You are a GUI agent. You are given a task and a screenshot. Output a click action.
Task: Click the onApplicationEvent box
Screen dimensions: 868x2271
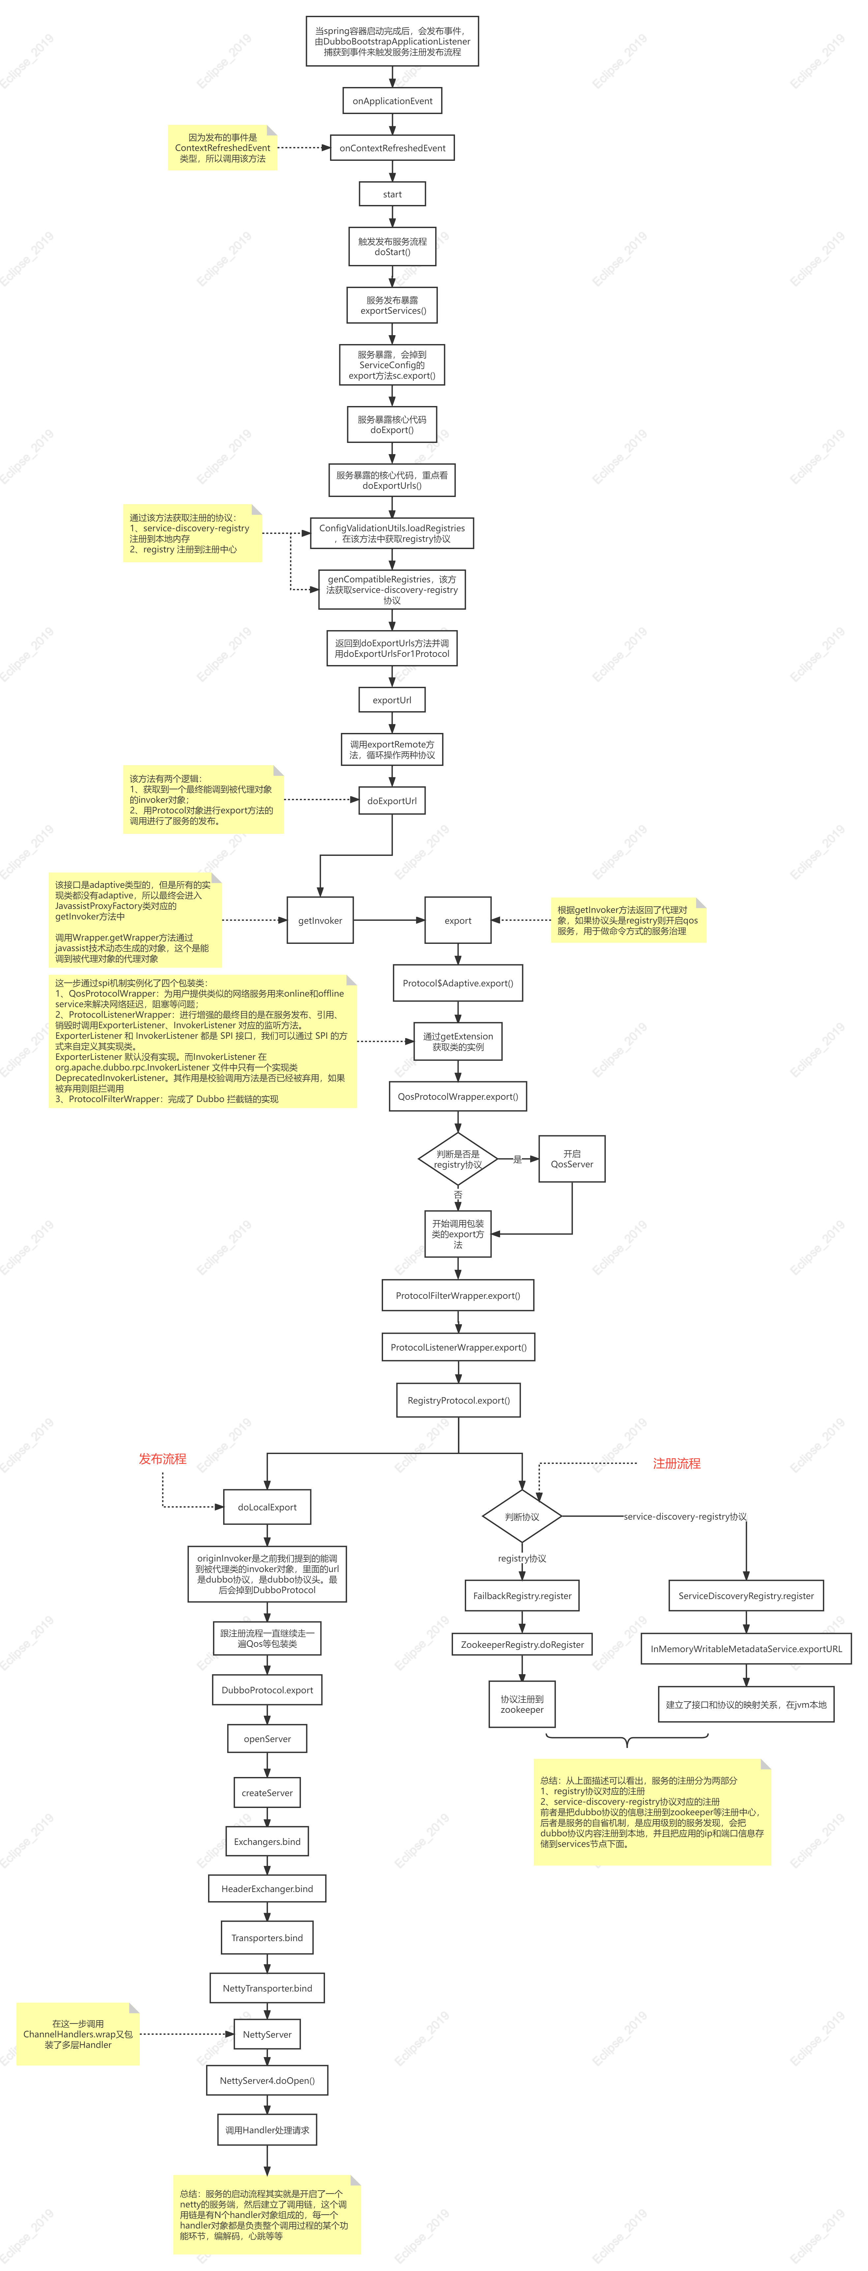[x=393, y=101]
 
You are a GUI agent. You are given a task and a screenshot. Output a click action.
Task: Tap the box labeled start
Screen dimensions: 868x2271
[x=393, y=194]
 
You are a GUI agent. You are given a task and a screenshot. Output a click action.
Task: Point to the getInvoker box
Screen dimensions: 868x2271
[x=320, y=920]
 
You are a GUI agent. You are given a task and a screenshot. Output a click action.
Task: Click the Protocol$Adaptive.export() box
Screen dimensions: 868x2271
[x=458, y=983]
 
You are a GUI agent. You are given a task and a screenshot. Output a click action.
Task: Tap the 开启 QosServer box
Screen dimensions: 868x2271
[x=572, y=1158]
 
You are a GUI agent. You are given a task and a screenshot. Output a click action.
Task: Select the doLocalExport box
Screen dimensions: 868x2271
[x=267, y=1507]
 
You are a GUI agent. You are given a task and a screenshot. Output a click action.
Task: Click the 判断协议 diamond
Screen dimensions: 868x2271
[x=522, y=1516]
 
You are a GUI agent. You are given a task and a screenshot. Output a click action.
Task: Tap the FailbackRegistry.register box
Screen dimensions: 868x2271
[x=522, y=1596]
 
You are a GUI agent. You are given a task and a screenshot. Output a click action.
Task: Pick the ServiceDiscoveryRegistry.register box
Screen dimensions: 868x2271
[x=746, y=1596]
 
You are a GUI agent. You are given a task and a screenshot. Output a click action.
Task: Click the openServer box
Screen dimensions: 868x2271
[x=267, y=1738]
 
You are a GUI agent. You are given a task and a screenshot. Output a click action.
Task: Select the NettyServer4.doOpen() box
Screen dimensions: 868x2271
[x=267, y=2081]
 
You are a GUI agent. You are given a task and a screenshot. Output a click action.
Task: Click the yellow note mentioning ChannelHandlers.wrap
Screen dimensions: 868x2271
[x=77, y=2034]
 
